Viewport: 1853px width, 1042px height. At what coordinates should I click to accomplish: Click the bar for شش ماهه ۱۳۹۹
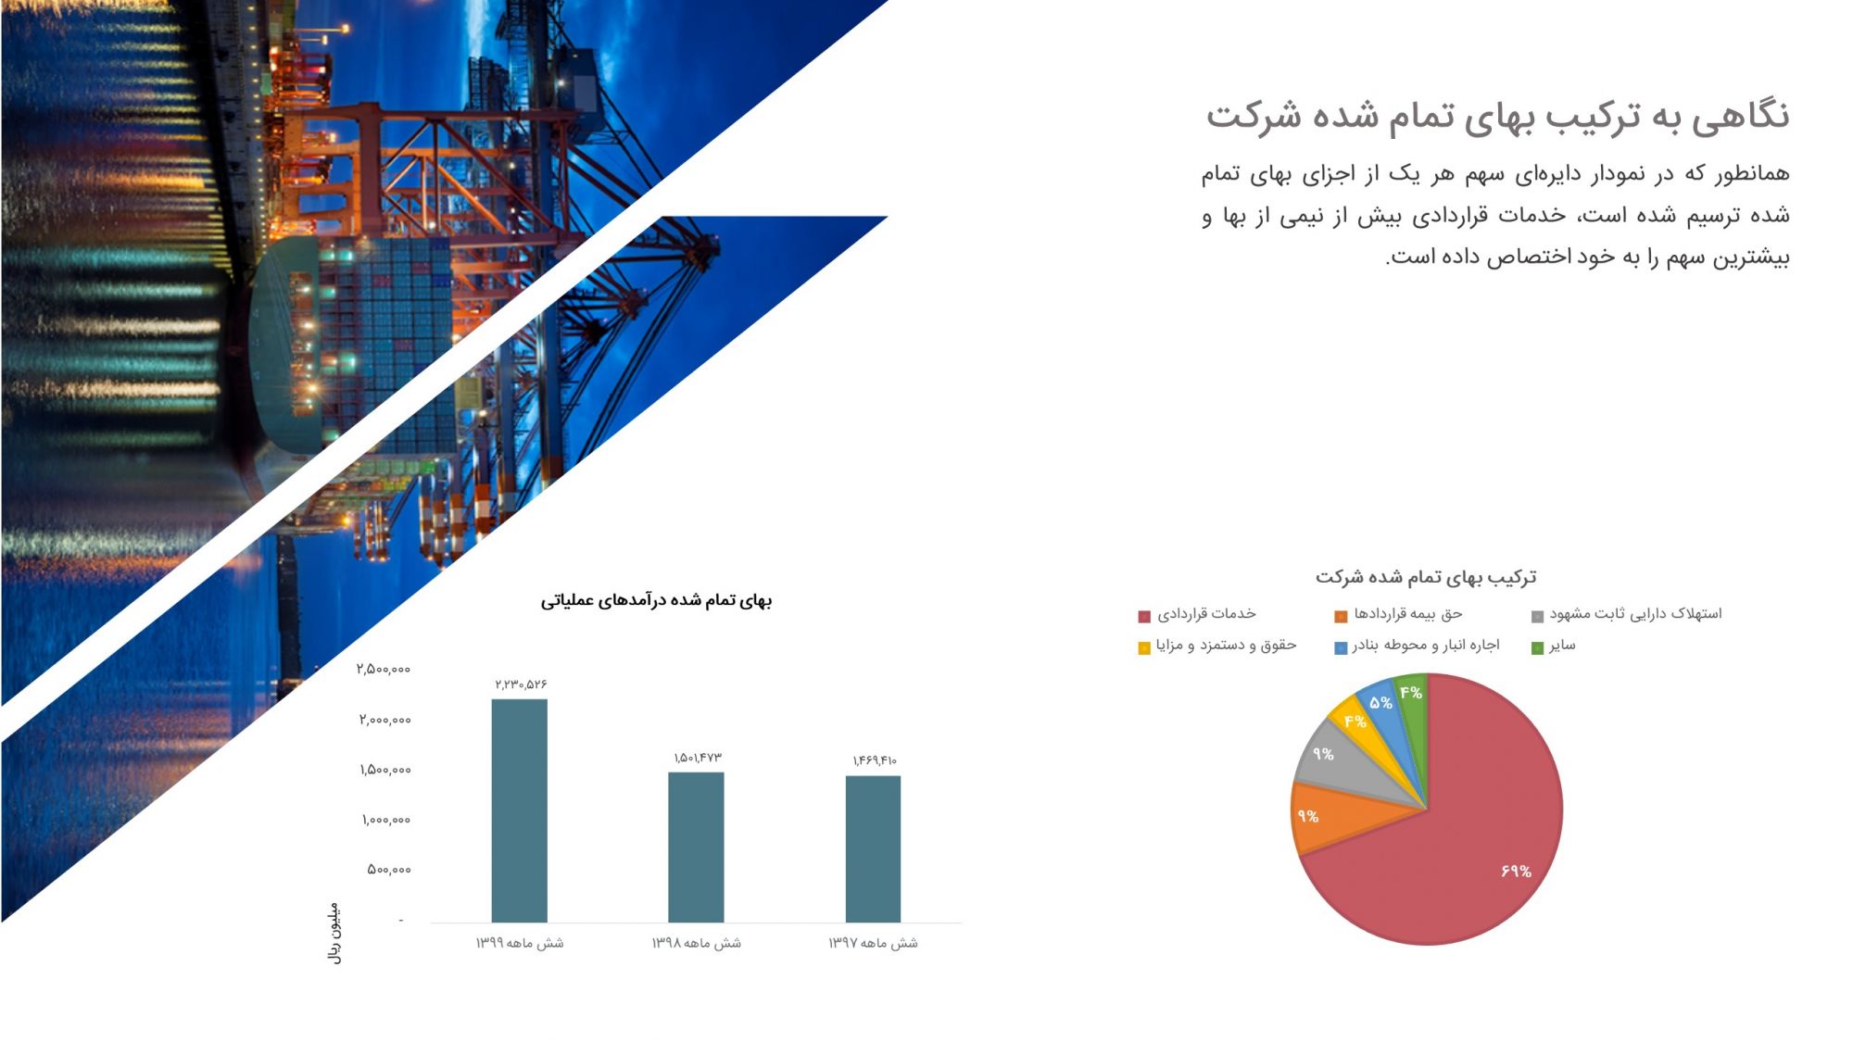click(x=519, y=810)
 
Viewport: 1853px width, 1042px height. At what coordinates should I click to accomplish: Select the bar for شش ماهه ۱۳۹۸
click(x=696, y=847)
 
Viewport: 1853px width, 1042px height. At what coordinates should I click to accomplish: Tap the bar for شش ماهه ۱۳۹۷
click(x=873, y=848)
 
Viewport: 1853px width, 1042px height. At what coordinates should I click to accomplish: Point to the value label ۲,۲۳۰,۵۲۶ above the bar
click(x=521, y=684)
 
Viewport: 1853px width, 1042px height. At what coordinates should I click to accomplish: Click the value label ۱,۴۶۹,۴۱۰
click(x=875, y=760)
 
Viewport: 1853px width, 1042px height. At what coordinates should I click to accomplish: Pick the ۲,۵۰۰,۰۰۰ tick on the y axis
click(x=384, y=669)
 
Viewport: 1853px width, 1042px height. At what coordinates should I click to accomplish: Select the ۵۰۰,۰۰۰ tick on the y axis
click(x=389, y=869)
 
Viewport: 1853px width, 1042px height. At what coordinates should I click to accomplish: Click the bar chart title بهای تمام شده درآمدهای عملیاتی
click(x=656, y=600)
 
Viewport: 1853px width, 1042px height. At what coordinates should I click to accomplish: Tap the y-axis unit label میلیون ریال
click(x=334, y=933)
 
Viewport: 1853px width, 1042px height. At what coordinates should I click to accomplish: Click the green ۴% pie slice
click(x=1412, y=697)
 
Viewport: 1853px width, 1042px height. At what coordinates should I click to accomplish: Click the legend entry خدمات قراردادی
click(x=1197, y=614)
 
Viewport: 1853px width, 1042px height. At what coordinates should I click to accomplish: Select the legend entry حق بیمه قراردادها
click(x=1398, y=614)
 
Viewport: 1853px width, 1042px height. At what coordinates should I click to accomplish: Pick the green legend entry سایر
click(x=1553, y=646)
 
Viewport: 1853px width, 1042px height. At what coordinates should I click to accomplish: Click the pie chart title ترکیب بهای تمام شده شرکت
click(x=1426, y=577)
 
